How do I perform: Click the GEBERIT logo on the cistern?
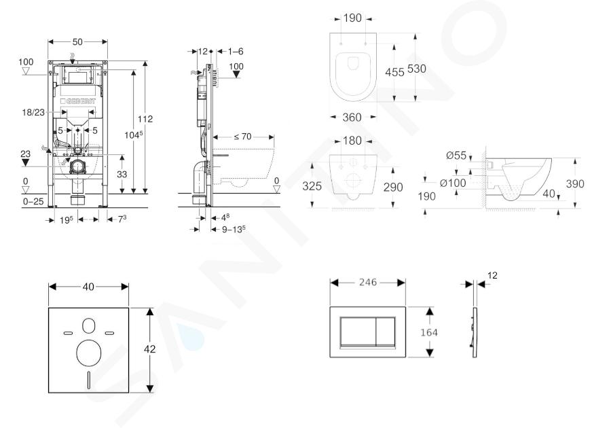[78, 101]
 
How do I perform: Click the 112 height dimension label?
[145, 119]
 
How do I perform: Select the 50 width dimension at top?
[77, 41]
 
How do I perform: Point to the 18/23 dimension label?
[33, 112]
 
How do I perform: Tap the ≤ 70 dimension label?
[242, 137]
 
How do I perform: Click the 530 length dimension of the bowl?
[416, 69]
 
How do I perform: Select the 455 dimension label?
[394, 71]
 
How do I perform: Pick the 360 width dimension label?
[352, 118]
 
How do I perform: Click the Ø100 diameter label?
[453, 183]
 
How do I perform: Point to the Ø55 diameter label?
[456, 156]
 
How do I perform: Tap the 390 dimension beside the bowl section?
[574, 183]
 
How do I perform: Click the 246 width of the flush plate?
[368, 282]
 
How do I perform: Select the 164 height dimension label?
[429, 332]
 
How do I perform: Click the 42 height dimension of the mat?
[149, 349]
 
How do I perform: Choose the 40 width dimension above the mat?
[88, 287]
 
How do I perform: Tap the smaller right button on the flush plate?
[386, 332]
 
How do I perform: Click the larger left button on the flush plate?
[358, 332]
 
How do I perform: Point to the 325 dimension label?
[312, 186]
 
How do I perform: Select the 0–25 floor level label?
[33, 201]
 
